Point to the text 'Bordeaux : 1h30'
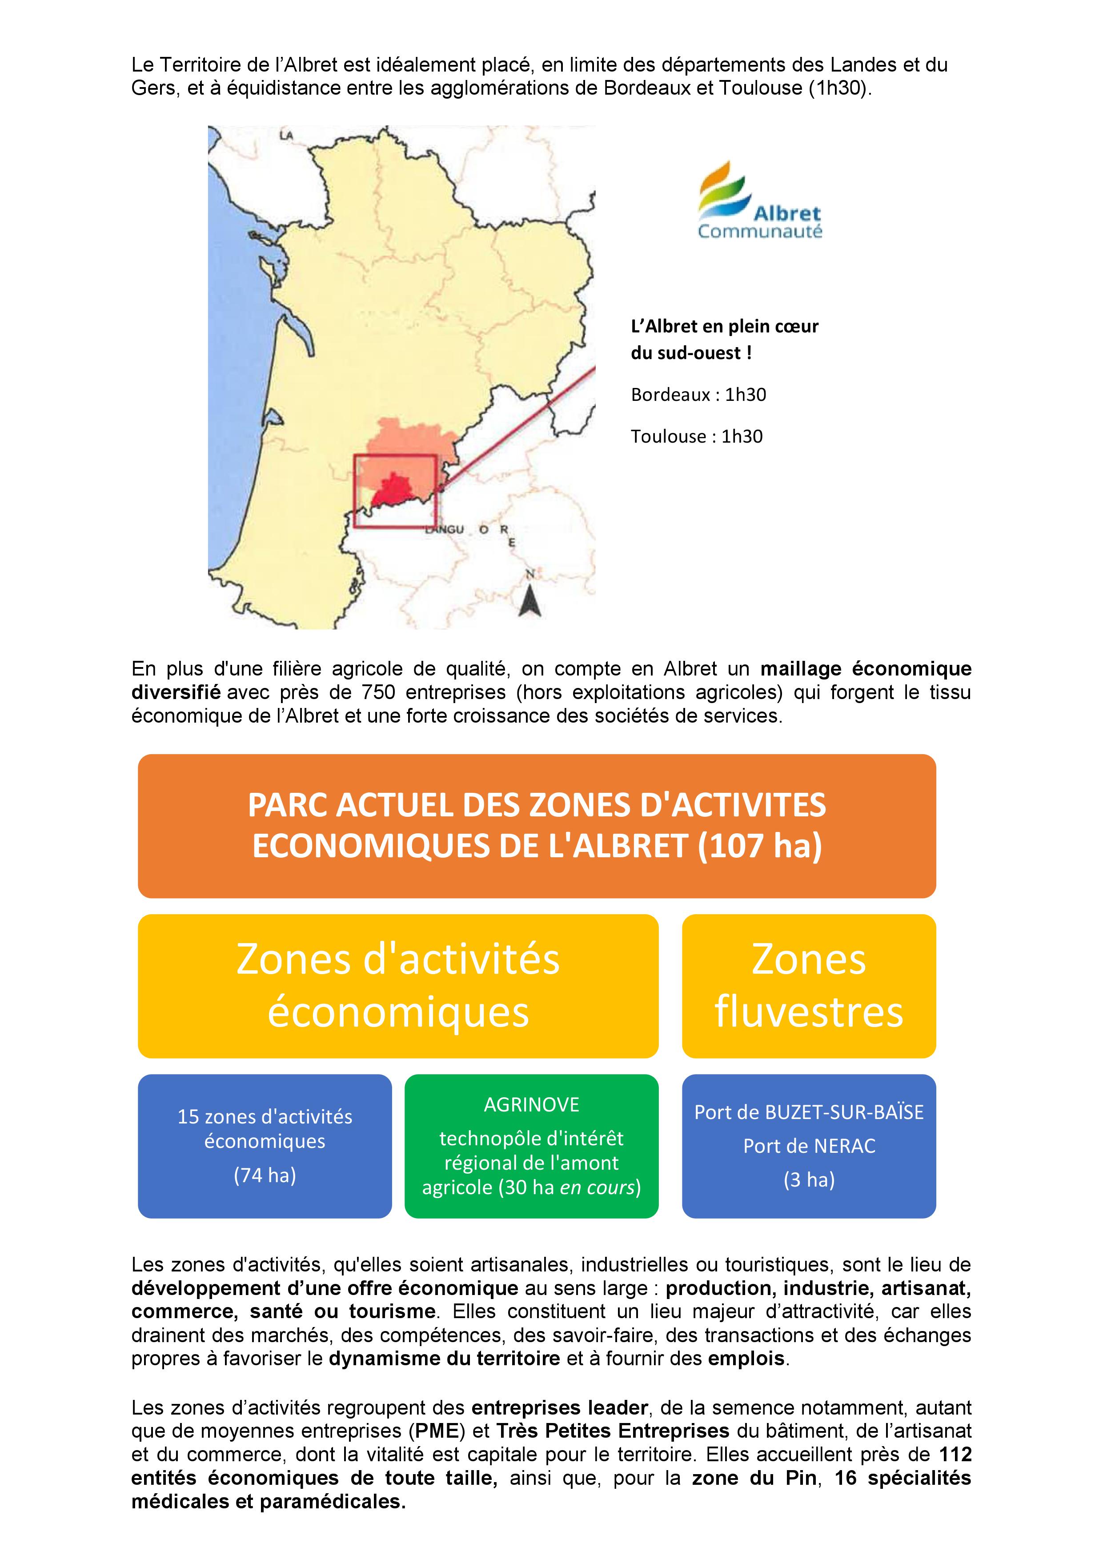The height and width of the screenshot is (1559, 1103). click(x=698, y=395)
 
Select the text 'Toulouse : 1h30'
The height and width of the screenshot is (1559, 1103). click(x=696, y=436)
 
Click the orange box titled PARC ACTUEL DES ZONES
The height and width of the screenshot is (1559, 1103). click(x=537, y=826)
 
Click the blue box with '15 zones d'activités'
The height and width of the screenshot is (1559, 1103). click(x=265, y=1147)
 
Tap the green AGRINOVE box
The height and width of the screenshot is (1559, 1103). click(x=531, y=1147)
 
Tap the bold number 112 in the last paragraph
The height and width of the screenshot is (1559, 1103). click(x=955, y=1455)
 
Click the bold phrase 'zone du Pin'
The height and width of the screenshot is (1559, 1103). click(x=754, y=1478)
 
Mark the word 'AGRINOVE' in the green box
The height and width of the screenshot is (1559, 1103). click(x=531, y=1105)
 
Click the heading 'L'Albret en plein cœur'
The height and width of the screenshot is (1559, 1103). click(x=725, y=327)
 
